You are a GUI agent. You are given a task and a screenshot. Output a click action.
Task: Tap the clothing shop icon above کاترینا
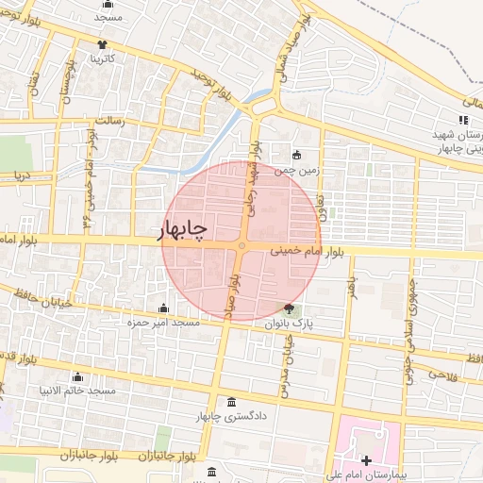click(x=102, y=44)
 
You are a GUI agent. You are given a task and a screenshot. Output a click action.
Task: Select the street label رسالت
click(x=113, y=121)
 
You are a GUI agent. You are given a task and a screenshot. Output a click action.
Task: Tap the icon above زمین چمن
click(x=297, y=156)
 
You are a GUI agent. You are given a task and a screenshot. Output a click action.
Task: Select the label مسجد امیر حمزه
click(x=164, y=323)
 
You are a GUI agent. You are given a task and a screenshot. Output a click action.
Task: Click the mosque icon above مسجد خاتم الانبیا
click(x=77, y=376)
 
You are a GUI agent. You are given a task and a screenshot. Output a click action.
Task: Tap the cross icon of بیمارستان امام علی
click(x=366, y=459)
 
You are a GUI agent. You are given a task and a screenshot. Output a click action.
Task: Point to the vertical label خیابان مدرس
click(x=282, y=367)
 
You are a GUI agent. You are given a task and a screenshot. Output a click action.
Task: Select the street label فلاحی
click(x=443, y=375)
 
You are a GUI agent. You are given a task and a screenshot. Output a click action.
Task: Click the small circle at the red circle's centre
click(x=242, y=246)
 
